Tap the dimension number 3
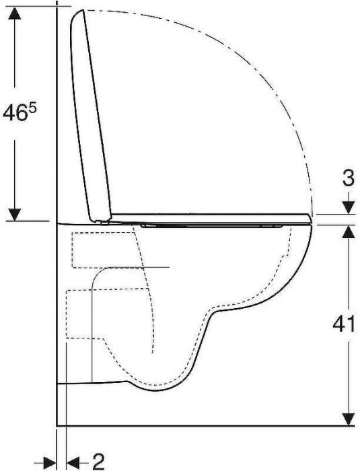point(349,179)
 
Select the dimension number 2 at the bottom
point(98,461)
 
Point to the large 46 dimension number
point(13,113)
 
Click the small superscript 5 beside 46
point(32,106)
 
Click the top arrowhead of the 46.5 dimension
point(14,13)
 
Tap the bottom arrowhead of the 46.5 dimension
point(14,215)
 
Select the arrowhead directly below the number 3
point(349,207)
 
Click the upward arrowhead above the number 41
point(349,231)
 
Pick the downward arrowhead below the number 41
point(349,419)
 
